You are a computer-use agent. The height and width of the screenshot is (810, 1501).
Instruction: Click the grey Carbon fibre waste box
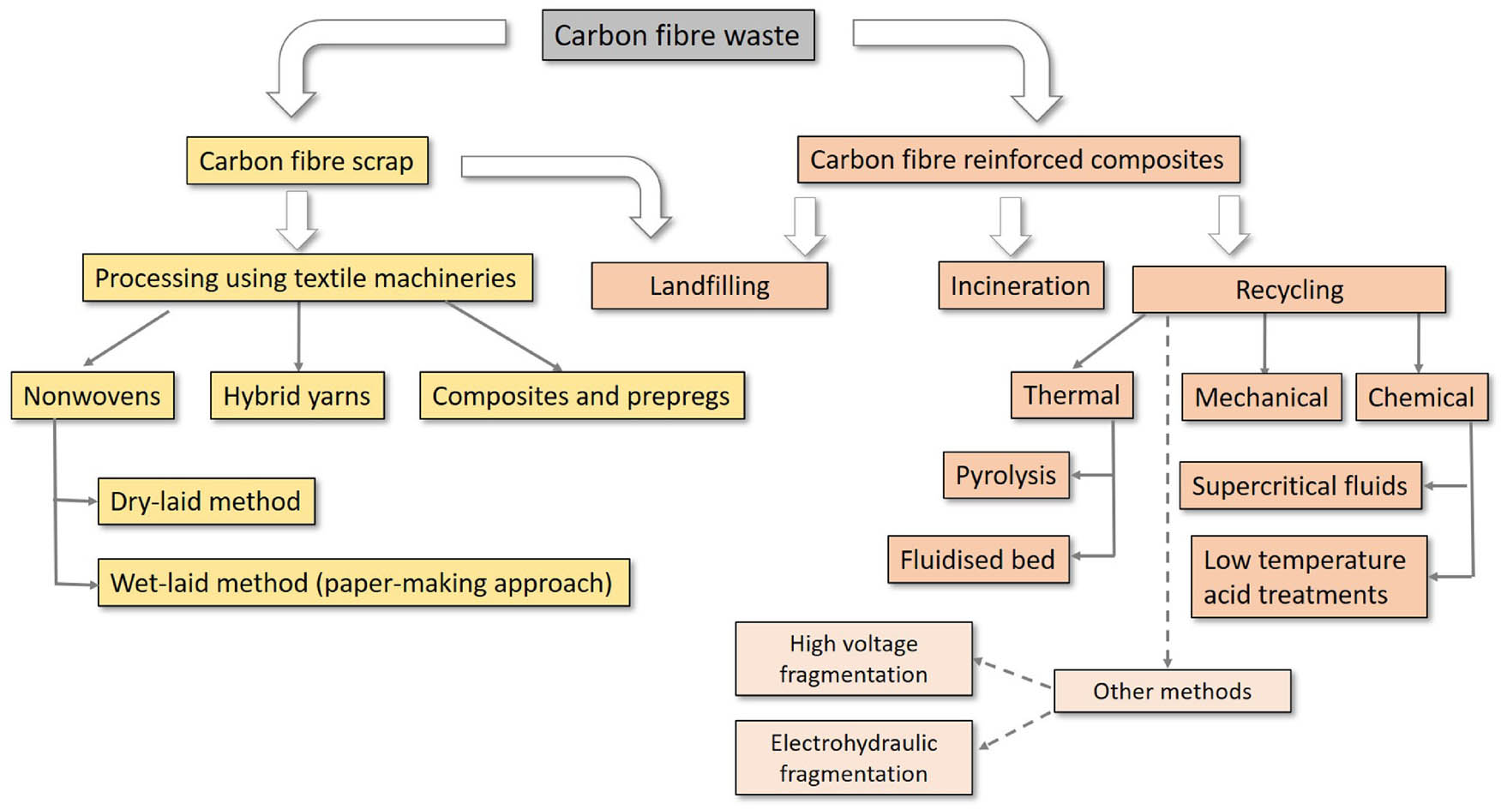click(x=677, y=35)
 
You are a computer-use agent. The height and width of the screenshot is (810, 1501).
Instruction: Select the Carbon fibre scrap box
click(x=307, y=160)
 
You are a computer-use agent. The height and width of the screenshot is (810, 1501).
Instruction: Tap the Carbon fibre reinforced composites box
click(x=1018, y=159)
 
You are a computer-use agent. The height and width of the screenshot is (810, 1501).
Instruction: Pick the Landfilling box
click(x=709, y=285)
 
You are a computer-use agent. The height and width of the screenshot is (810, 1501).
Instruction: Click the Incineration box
click(x=1020, y=285)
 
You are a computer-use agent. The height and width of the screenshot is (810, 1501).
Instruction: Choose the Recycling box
click(x=1288, y=290)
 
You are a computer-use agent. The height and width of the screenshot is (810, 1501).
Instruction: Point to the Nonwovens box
click(x=92, y=395)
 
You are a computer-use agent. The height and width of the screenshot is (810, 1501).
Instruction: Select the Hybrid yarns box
click(x=297, y=395)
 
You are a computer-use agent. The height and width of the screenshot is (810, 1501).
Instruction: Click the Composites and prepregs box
click(x=581, y=395)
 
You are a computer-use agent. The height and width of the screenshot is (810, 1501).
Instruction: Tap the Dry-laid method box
click(x=206, y=501)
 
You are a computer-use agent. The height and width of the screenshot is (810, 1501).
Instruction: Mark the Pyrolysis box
click(x=1006, y=475)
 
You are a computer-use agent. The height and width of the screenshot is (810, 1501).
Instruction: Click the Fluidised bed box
click(x=977, y=560)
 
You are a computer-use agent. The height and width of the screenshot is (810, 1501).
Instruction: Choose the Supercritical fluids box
click(x=1300, y=486)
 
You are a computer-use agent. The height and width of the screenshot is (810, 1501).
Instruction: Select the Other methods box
click(x=1172, y=691)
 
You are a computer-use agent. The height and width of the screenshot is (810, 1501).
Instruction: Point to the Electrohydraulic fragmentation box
click(x=853, y=758)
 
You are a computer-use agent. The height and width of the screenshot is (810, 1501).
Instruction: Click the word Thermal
click(x=1072, y=395)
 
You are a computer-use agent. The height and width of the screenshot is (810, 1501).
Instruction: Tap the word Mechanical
click(x=1261, y=398)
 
